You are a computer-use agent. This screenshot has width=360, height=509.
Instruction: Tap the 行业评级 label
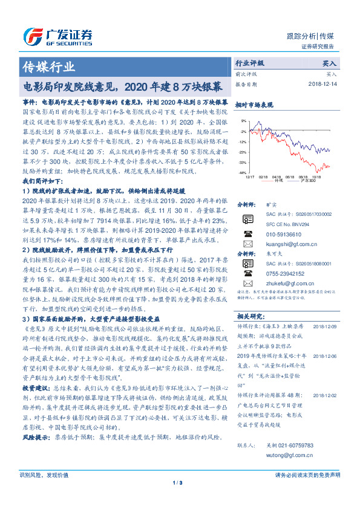249,63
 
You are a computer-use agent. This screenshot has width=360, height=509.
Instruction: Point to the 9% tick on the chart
243,121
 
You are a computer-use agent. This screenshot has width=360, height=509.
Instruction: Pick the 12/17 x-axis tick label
250,177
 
